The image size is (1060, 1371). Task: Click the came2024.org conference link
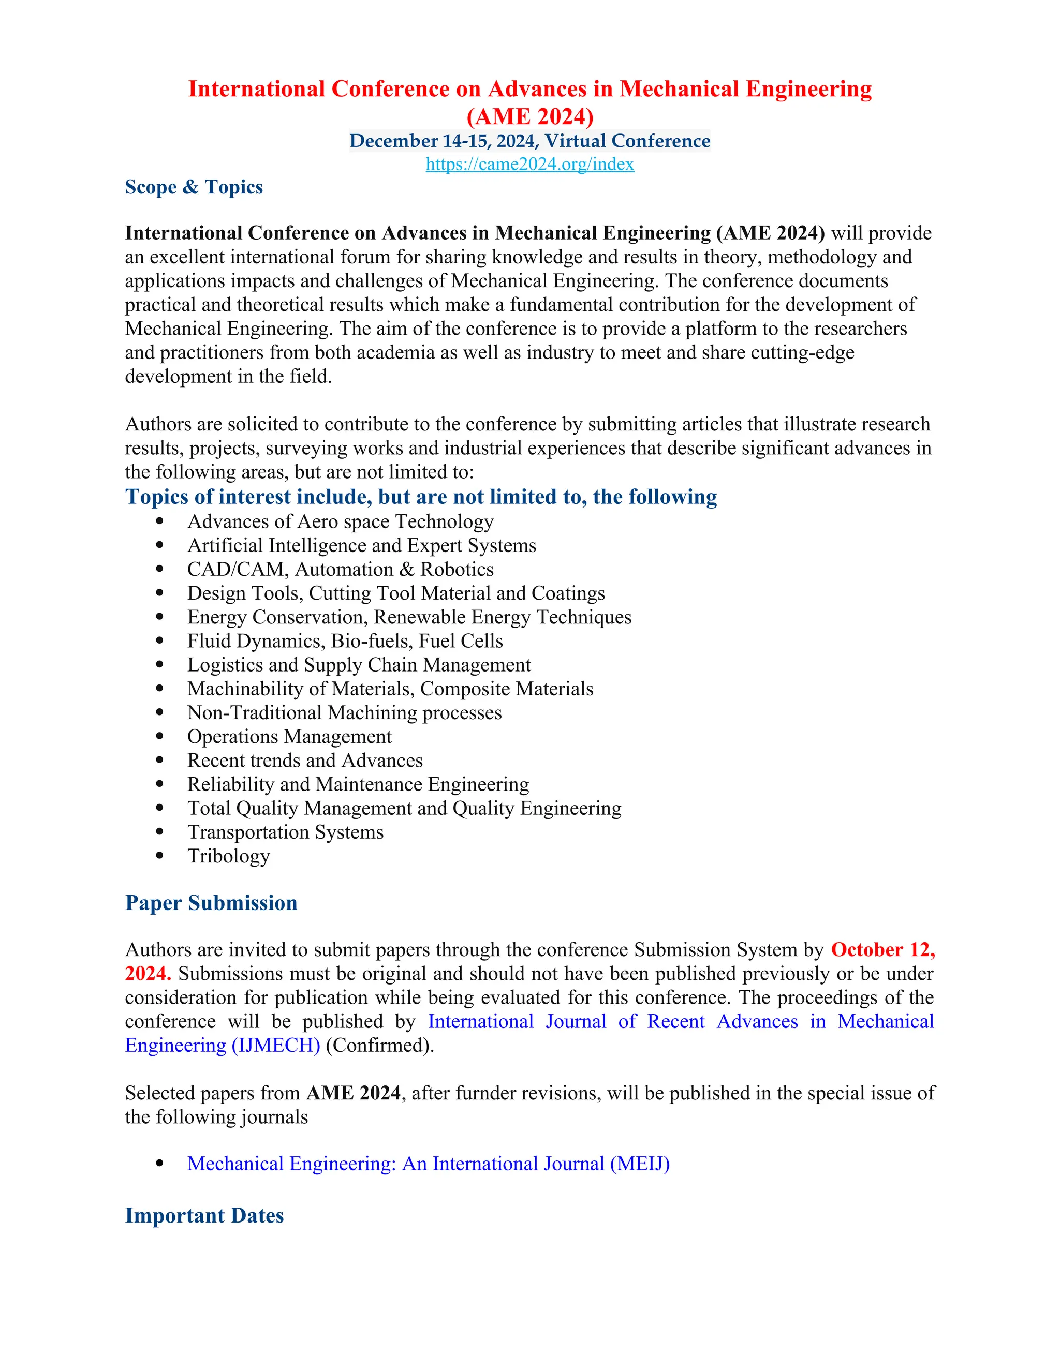pyautogui.click(x=529, y=165)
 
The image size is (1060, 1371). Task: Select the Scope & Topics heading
pyautogui.click(x=194, y=187)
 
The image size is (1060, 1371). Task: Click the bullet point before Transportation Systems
pyautogui.click(x=159, y=832)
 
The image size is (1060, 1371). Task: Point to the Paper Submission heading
pyautogui.click(x=211, y=903)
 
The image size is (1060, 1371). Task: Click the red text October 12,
pyautogui.click(x=882, y=950)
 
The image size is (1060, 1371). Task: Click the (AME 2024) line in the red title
pyautogui.click(x=529, y=117)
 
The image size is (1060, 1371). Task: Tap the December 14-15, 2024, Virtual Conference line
pyautogui.click(x=529, y=141)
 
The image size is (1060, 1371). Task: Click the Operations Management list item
pyautogui.click(x=289, y=736)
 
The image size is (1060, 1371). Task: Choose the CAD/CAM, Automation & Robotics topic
pyautogui.click(x=341, y=570)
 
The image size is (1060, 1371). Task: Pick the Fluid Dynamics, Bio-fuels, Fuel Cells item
pyautogui.click(x=345, y=641)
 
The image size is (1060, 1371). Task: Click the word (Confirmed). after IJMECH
pyautogui.click(x=380, y=1045)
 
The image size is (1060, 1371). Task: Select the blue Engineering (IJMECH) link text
pyautogui.click(x=222, y=1045)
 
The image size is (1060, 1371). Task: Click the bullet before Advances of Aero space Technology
pyautogui.click(x=159, y=521)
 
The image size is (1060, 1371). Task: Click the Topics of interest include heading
pyautogui.click(x=421, y=497)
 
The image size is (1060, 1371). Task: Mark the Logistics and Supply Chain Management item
pyautogui.click(x=359, y=665)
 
